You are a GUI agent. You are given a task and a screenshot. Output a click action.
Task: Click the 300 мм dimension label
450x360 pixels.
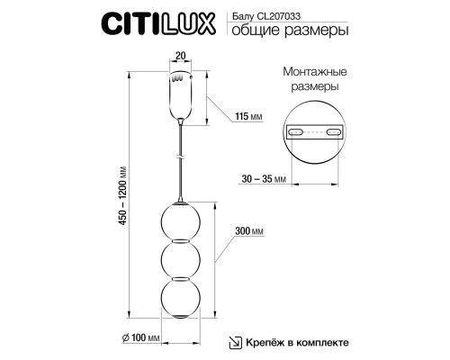coord(249,231)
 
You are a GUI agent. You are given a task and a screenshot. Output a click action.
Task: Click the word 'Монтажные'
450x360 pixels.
coord(314,72)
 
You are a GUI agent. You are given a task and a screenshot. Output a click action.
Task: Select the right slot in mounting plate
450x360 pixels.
coord(334,132)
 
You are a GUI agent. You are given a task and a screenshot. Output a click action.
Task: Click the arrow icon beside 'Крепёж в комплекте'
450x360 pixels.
coord(233,342)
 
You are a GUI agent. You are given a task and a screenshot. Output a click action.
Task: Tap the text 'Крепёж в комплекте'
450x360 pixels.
coord(296,343)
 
